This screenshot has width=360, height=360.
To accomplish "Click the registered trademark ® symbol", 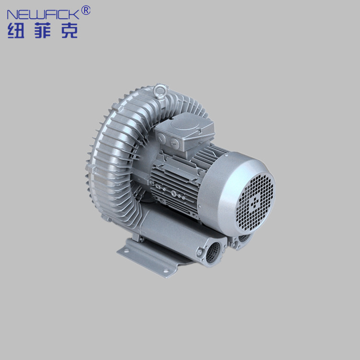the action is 86,11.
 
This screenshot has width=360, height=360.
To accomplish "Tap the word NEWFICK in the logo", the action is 43,14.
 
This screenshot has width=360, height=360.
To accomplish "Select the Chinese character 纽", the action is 16,30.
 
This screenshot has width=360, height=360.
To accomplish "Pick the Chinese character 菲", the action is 42,30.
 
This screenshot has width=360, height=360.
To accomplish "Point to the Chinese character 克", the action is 70,30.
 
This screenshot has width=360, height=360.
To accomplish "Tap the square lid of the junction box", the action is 185,125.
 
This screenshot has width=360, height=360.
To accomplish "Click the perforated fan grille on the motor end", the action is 255,203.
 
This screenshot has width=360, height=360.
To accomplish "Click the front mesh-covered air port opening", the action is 213,252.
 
